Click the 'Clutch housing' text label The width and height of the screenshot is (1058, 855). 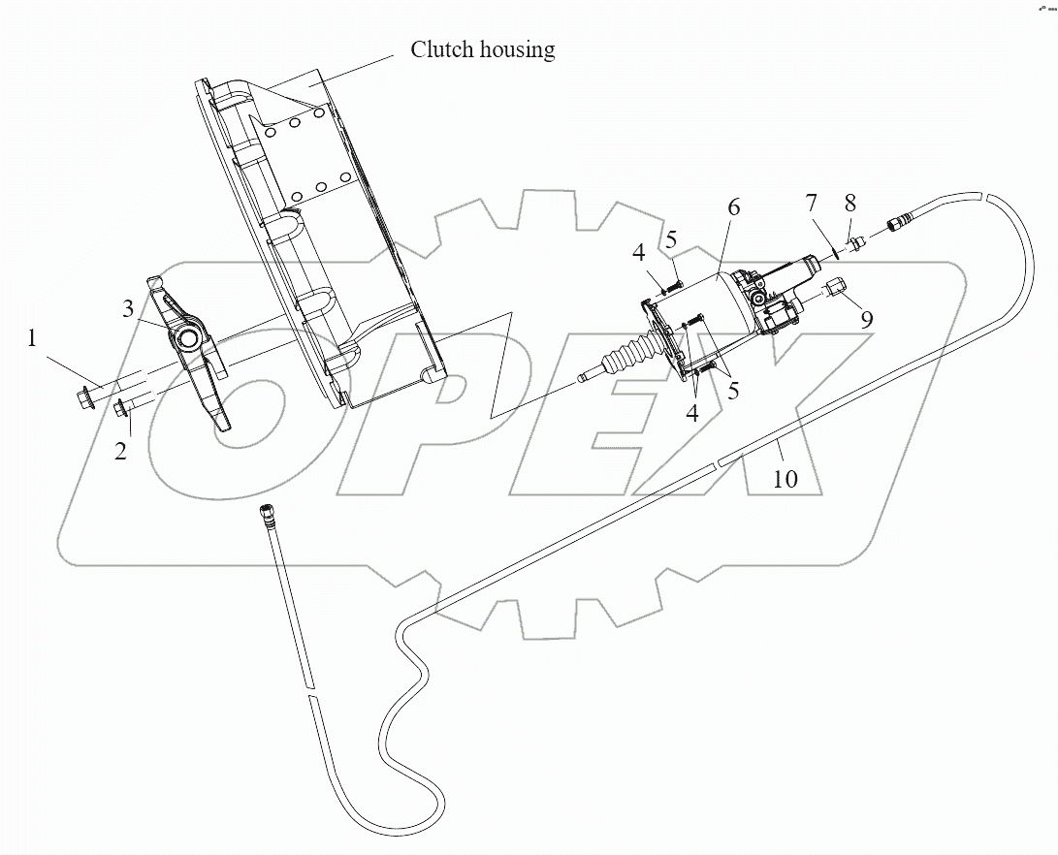[x=482, y=49]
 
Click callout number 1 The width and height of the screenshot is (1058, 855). [x=33, y=339]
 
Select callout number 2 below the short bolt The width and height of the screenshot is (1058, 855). [x=120, y=451]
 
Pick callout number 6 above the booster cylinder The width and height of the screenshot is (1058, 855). [x=733, y=206]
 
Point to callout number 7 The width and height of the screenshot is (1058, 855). [x=811, y=204]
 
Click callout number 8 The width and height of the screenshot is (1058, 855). [x=850, y=204]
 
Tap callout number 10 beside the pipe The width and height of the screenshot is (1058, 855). [x=785, y=478]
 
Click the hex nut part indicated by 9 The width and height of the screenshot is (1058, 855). [x=837, y=287]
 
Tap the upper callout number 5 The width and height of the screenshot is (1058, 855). [x=671, y=238]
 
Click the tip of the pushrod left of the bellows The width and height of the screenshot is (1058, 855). [x=582, y=378]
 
